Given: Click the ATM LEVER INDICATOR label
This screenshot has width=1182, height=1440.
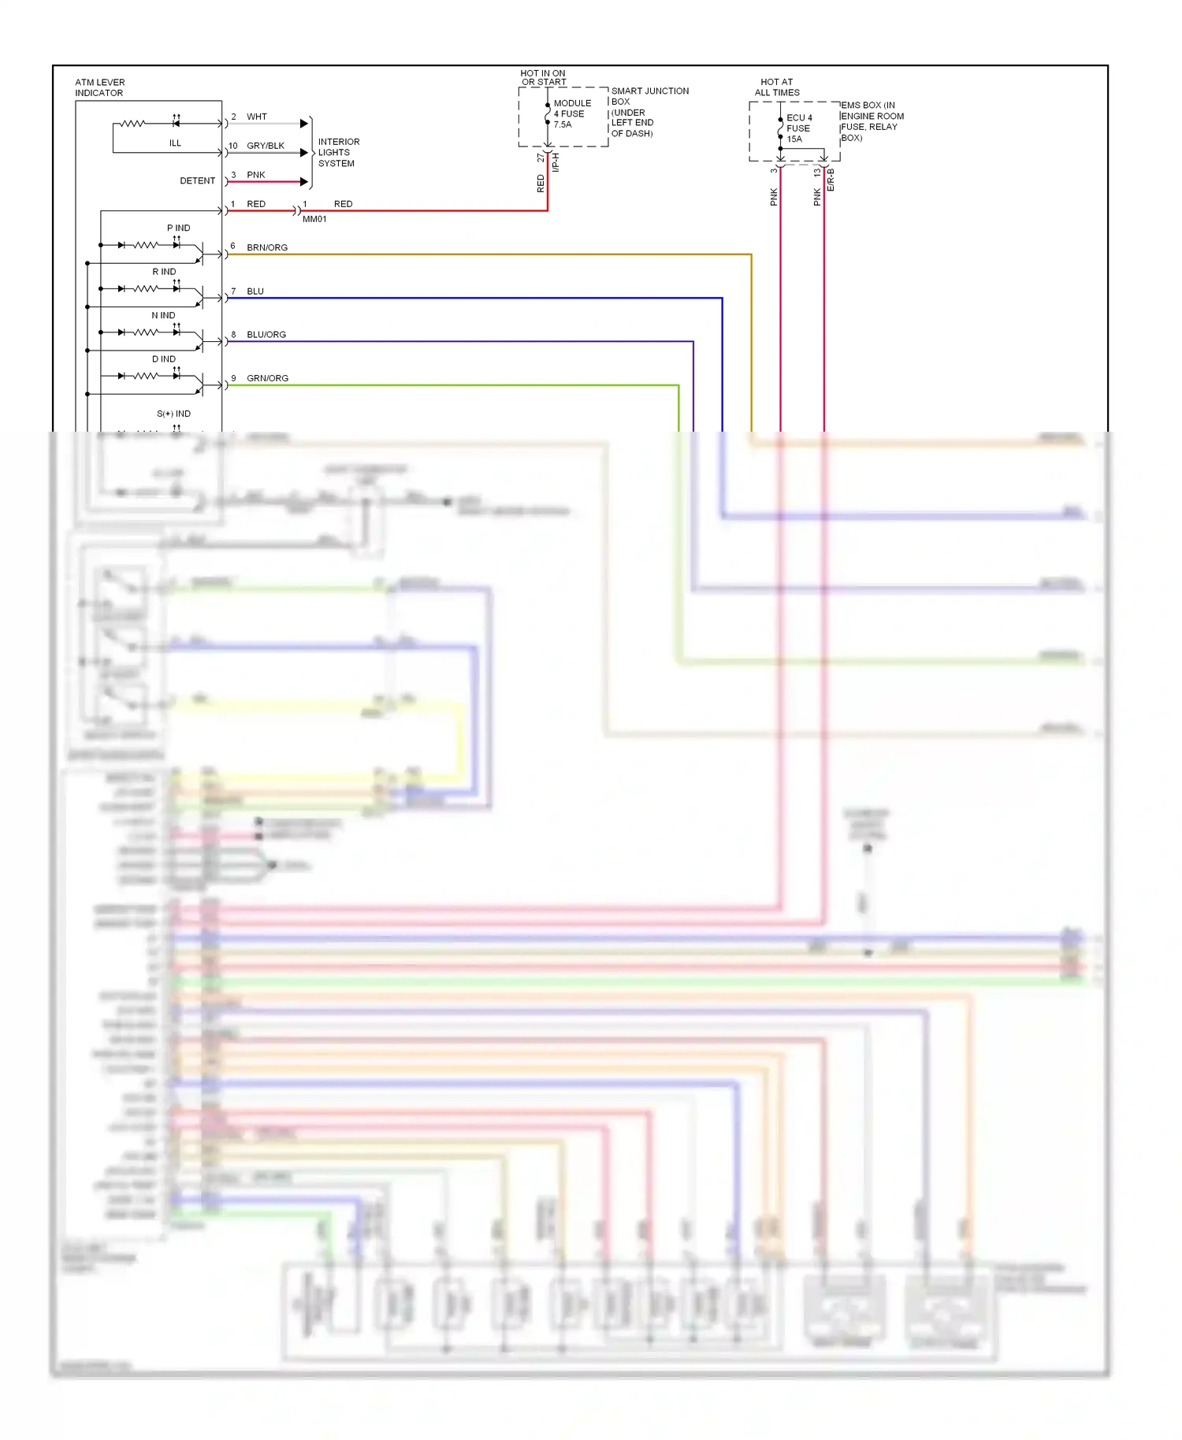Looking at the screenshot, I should click(x=99, y=87).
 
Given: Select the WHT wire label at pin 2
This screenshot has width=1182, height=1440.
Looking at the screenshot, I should click(x=257, y=117).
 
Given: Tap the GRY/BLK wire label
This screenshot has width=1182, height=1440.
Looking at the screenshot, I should click(x=266, y=146).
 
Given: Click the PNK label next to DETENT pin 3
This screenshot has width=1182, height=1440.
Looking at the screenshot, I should click(x=256, y=175).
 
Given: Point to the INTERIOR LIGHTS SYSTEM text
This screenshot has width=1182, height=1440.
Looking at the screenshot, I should click(x=338, y=153).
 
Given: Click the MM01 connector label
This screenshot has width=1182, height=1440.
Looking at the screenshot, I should click(x=314, y=219).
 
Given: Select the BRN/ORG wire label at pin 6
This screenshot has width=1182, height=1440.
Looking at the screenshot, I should click(x=267, y=247).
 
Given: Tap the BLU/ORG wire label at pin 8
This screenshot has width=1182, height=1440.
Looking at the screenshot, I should click(x=266, y=335).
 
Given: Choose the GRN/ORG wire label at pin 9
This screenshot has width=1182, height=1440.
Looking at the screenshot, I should click(x=267, y=378).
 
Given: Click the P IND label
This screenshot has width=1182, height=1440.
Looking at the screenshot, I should click(x=178, y=228).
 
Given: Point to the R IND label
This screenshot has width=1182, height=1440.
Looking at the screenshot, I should click(x=164, y=272).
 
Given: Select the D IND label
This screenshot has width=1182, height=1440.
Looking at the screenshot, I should click(x=164, y=359).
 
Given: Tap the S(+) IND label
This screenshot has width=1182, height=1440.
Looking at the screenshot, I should click(x=173, y=414).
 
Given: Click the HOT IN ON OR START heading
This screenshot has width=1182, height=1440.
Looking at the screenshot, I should click(x=543, y=77).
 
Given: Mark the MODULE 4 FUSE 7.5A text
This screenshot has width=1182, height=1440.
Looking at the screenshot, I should click(x=571, y=114).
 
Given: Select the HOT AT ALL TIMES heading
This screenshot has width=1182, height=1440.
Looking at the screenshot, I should click(x=777, y=87).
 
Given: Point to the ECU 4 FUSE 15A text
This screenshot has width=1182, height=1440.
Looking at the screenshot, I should click(x=798, y=128).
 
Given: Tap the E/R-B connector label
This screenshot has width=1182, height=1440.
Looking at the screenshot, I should click(x=831, y=180).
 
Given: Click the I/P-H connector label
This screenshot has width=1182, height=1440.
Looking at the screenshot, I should click(x=556, y=162).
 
